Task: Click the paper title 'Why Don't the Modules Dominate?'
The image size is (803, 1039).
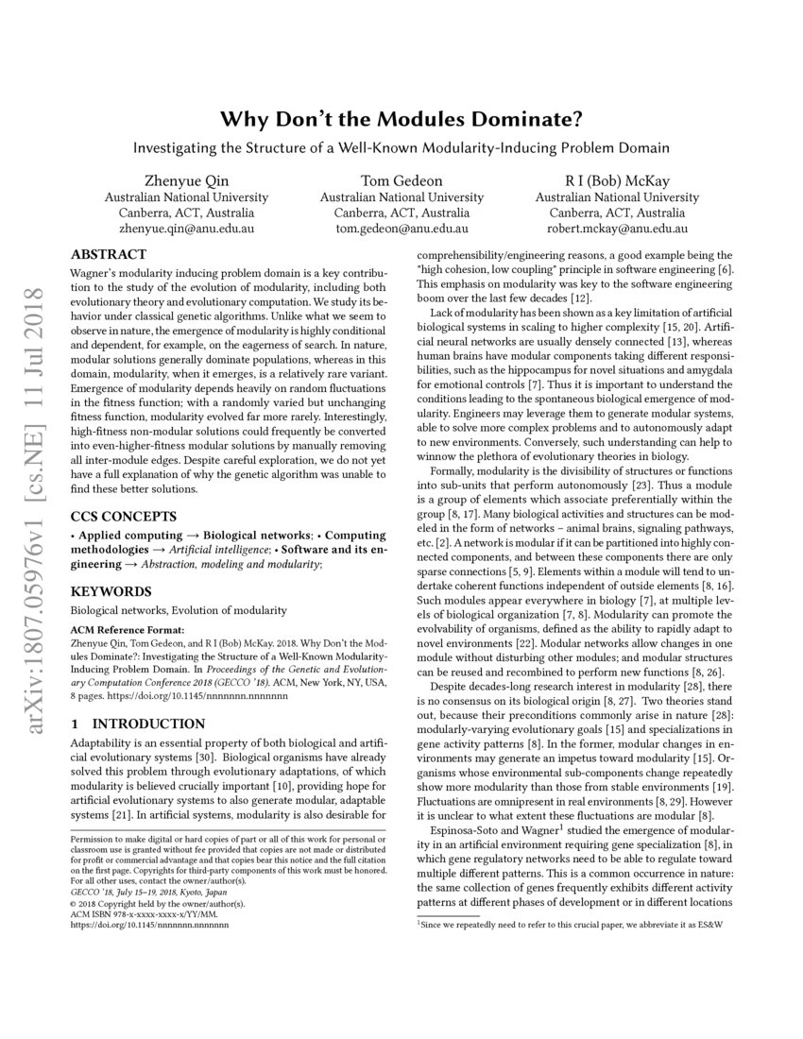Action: (401, 120)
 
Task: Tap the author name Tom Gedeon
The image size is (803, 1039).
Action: (401, 180)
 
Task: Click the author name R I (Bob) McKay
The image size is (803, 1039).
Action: (617, 180)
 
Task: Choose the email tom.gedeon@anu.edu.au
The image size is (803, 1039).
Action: (401, 229)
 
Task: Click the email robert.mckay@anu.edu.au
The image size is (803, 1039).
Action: (617, 229)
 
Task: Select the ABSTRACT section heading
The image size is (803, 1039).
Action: (109, 254)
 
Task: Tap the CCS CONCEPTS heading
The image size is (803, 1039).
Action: (123, 517)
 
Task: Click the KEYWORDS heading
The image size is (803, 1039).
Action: (111, 591)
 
